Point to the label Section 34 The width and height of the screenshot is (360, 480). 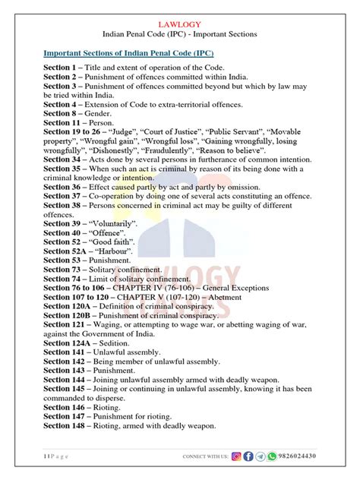(x=66, y=159)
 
